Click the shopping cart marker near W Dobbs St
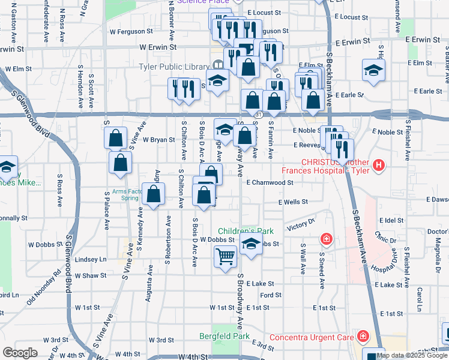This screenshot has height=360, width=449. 225,257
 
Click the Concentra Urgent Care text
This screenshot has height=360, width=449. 311,337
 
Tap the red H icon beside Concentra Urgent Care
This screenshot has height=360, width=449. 363,337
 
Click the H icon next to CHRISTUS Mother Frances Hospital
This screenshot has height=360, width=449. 378,164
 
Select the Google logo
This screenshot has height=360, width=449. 20,353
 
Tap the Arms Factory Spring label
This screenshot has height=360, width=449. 125,195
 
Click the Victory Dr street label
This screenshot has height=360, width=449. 301,224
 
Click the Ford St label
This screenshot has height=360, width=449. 271,295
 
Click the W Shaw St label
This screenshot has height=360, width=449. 90,275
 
